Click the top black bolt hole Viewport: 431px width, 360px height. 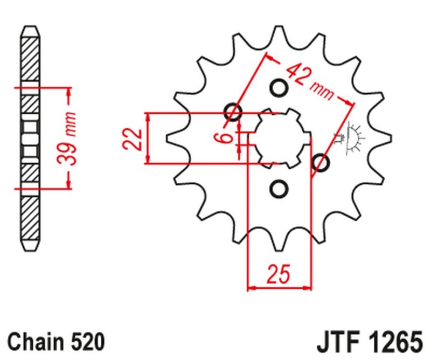click(279, 87)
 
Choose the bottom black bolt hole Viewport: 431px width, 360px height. click(279, 189)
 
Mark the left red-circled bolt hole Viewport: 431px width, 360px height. click(233, 112)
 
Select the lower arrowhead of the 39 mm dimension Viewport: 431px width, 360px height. click(68, 184)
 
